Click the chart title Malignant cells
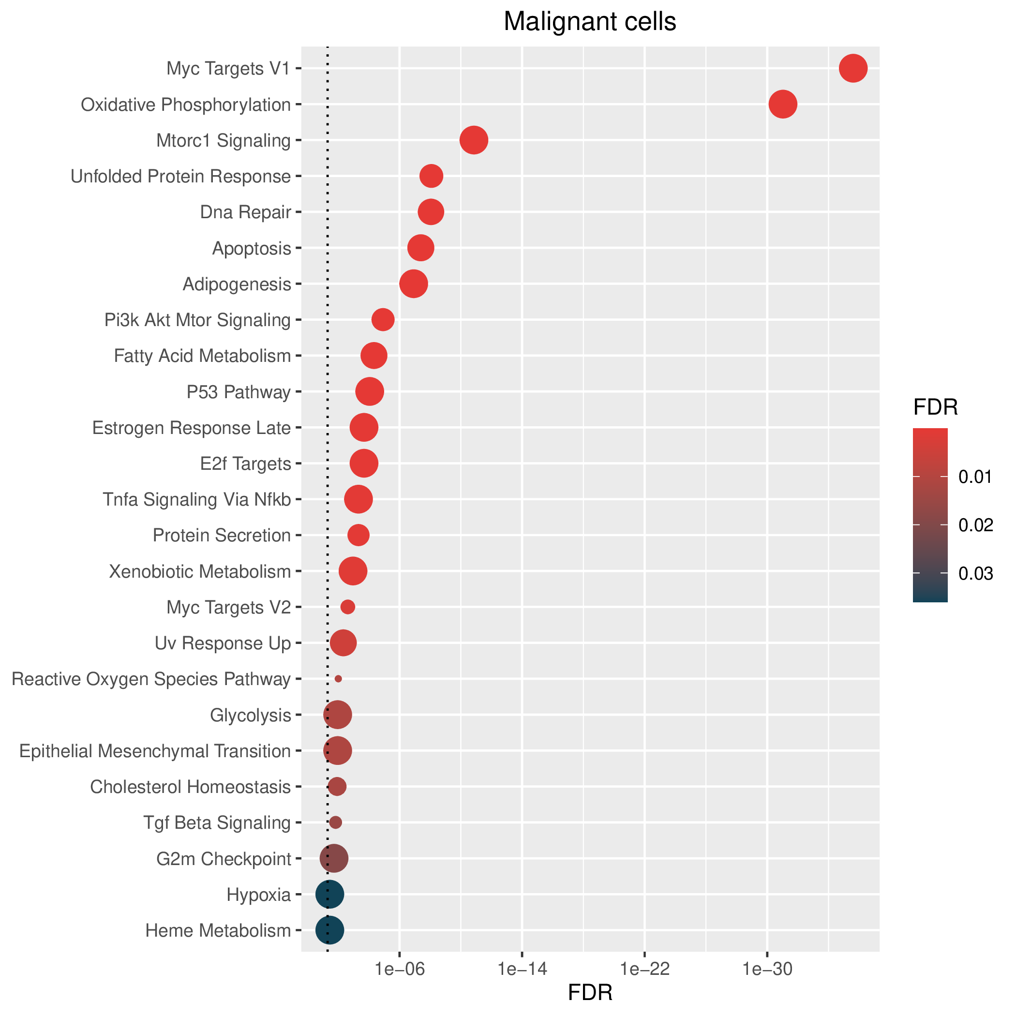pyautogui.click(x=590, y=22)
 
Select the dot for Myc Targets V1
pyautogui.click(x=853, y=68)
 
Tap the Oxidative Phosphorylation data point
pyautogui.click(x=783, y=104)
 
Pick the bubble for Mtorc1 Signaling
pyautogui.click(x=474, y=140)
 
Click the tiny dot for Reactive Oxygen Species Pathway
pyautogui.click(x=338, y=679)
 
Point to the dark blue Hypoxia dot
pyautogui.click(x=330, y=894)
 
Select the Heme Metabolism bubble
pyautogui.click(x=330, y=930)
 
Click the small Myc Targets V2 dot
pyautogui.click(x=347, y=607)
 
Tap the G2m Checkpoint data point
pyautogui.click(x=334, y=858)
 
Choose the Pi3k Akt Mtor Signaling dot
pyautogui.click(x=383, y=320)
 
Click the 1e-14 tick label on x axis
pyautogui.click(x=522, y=969)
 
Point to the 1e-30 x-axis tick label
pyautogui.click(x=767, y=969)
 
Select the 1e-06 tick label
pyautogui.click(x=399, y=969)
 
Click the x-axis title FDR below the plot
pyautogui.click(x=590, y=993)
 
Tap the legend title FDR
pyautogui.click(x=936, y=407)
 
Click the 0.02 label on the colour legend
pyautogui.click(x=976, y=525)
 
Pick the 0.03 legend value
pyautogui.click(x=976, y=574)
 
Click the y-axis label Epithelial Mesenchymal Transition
pyautogui.click(x=155, y=751)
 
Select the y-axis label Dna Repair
pyautogui.click(x=246, y=212)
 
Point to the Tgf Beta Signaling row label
pyautogui.click(x=217, y=822)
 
